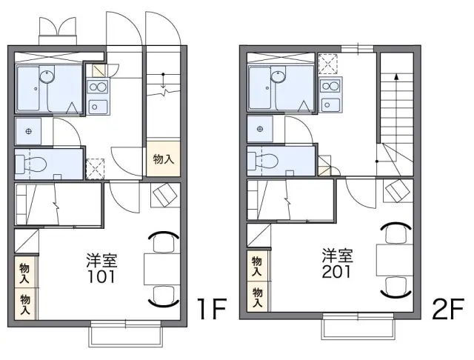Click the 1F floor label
coord(212,309)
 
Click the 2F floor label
coord(447,309)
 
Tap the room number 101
coord(101,276)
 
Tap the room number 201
coord(336,271)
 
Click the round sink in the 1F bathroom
coord(47,76)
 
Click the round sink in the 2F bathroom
coord(278,76)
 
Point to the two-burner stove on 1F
coord(98,87)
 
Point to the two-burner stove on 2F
coord(330,86)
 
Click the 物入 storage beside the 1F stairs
coord(164,159)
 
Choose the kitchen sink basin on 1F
coord(98,107)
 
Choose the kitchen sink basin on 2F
coord(330,105)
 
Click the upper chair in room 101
coord(164,241)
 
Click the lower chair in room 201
coord(395,287)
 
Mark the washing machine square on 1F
coord(95,169)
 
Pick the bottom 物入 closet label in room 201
coord(258,298)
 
